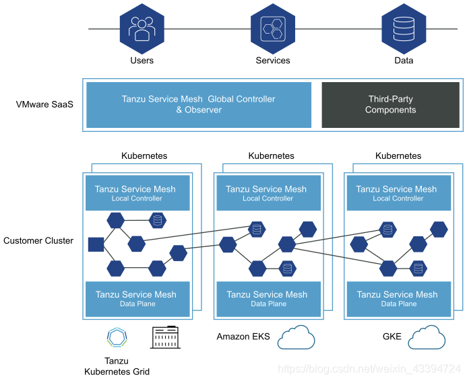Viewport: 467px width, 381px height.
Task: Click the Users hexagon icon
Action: [142, 29]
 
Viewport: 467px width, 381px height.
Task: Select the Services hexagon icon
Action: [273, 29]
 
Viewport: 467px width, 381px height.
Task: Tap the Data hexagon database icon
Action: [404, 29]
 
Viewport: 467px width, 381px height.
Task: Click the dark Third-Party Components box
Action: [390, 105]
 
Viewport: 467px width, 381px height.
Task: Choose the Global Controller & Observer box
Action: [199, 105]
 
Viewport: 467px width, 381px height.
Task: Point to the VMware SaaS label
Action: [44, 104]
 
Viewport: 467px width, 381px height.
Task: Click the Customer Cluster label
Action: [38, 240]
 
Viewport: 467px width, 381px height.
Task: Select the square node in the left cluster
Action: [96, 244]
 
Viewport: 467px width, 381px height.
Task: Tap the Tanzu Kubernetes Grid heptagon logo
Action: [117, 337]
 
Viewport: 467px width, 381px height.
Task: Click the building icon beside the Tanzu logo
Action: [165, 337]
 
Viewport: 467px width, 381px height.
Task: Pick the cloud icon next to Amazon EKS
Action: [296, 337]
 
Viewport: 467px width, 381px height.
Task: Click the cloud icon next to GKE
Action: [427, 337]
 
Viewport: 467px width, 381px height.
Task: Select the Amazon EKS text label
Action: [243, 337]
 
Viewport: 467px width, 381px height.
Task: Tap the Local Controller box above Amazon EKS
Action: [268, 193]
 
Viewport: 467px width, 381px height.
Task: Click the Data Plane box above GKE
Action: [399, 299]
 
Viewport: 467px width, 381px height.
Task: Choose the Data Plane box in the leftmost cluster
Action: [137, 299]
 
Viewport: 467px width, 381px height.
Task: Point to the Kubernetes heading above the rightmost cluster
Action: [398, 156]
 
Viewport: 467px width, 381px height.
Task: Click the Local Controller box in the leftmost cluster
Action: [137, 193]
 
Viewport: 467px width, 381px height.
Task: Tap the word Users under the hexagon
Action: [142, 61]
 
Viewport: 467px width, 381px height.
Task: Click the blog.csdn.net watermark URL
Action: [369, 369]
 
